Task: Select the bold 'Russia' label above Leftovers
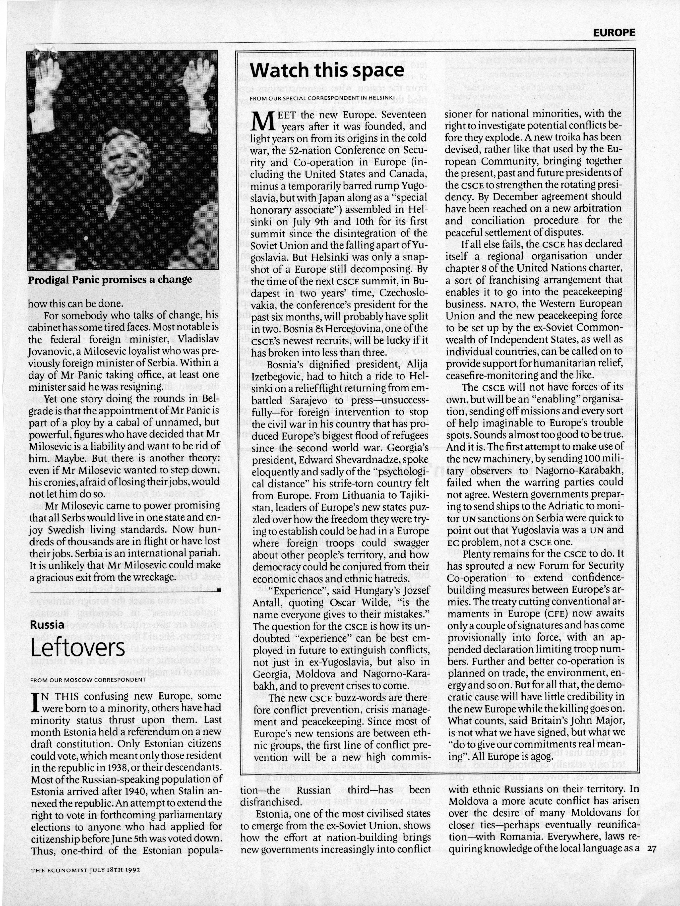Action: pyautogui.click(x=47, y=625)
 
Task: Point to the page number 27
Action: pyautogui.click(x=652, y=849)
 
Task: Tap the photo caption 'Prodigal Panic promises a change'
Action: pyautogui.click(x=110, y=280)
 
